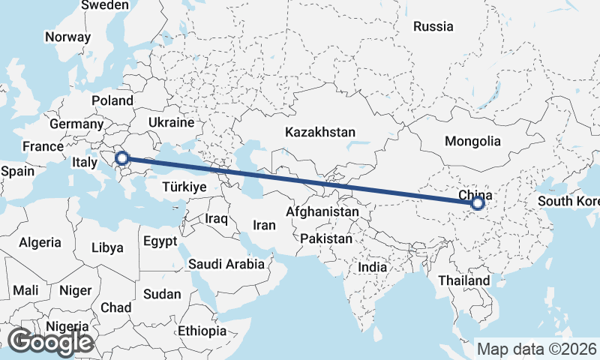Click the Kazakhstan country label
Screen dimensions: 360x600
320,132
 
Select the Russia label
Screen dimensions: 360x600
433,26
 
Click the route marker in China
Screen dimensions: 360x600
478,202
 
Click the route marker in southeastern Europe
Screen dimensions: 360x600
123,158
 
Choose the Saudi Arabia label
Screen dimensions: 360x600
226,264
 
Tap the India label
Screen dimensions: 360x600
372,267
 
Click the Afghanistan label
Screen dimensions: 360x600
322,212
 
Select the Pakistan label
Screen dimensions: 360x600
326,239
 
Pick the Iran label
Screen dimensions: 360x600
264,224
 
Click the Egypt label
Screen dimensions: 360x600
160,241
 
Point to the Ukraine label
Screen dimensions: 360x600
171,122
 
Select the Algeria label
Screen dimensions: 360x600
40,242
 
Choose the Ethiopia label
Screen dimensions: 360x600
202,331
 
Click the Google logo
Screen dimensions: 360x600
50,342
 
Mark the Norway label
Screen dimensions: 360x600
67,37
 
